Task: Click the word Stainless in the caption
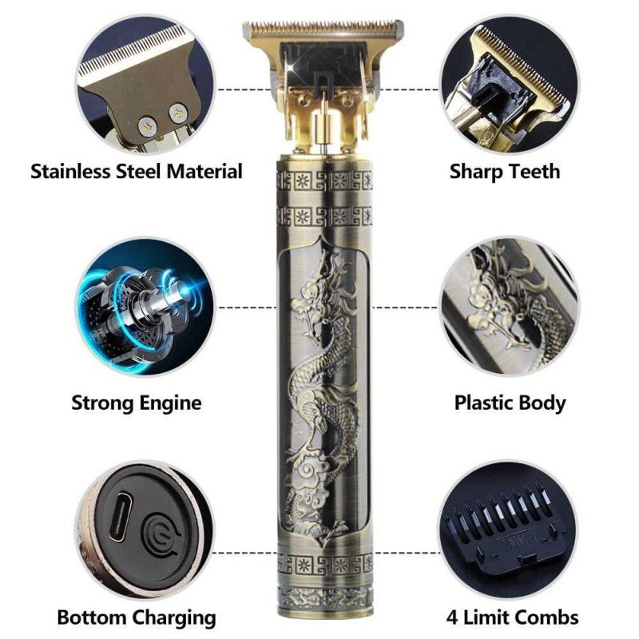pyautogui.click(x=71, y=171)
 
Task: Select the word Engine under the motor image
pyautogui.click(x=170, y=403)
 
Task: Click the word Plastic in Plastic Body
pyautogui.click(x=483, y=403)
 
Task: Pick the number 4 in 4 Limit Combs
pyautogui.click(x=452, y=617)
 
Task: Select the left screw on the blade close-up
pyautogui.click(x=148, y=127)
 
